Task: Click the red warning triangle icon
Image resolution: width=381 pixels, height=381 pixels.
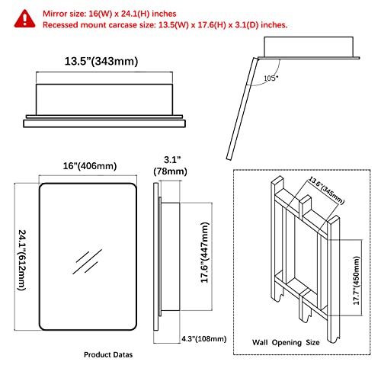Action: pyautogui.click(x=24, y=18)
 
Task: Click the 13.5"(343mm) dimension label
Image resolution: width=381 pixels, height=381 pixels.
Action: pyautogui.click(x=101, y=62)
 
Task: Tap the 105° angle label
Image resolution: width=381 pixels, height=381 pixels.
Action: pyautogui.click(x=271, y=78)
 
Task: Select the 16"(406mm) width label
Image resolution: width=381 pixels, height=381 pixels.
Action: pyautogui.click(x=90, y=166)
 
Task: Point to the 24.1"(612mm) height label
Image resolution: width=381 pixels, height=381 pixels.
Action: pyautogui.click(x=22, y=260)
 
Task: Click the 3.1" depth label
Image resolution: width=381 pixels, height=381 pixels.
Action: pyautogui.click(x=172, y=160)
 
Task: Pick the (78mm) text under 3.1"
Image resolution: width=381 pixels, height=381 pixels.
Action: pyautogui.click(x=170, y=171)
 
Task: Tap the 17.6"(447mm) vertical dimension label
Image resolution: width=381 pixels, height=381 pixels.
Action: pyautogui.click(x=205, y=252)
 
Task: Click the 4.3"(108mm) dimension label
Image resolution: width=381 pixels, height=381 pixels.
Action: pyautogui.click(x=204, y=339)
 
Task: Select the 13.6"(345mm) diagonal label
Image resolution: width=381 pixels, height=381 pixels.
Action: pyautogui.click(x=326, y=190)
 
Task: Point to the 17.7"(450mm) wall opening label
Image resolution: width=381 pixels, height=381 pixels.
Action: pyautogui.click(x=357, y=280)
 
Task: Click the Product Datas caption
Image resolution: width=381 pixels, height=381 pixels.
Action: pyautogui.click(x=108, y=355)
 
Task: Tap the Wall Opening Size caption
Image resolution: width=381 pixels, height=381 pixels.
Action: pyautogui.click(x=286, y=343)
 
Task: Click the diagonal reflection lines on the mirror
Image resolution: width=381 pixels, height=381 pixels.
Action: pyautogui.click(x=87, y=261)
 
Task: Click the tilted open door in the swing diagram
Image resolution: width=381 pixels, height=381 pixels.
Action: pyautogui.click(x=242, y=109)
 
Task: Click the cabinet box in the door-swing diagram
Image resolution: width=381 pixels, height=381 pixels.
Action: pyautogui.click(x=309, y=46)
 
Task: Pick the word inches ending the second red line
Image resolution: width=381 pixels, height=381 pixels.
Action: pyautogui.click(x=274, y=25)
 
